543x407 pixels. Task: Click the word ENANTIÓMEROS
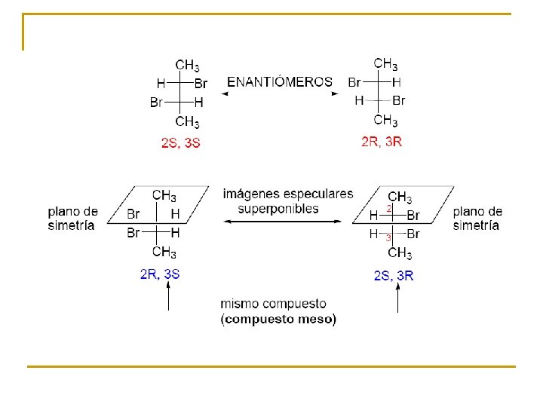279,81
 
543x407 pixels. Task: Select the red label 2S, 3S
180,142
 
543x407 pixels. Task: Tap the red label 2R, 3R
382,142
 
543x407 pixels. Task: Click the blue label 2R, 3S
160,274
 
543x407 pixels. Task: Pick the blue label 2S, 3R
394,276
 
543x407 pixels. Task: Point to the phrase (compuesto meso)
278,320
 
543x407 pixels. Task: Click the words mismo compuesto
273,304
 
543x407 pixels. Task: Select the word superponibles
278,209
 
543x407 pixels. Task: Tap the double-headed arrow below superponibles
288,222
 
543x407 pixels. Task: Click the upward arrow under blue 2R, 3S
168,299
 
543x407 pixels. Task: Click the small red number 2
389,207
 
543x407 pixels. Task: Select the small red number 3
388,237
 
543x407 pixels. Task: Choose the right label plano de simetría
477,218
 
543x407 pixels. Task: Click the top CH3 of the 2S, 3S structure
187,66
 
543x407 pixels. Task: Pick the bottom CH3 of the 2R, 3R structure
386,120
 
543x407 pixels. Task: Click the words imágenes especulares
287,194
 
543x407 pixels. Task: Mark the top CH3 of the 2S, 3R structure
400,197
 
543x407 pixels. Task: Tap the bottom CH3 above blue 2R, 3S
164,252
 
